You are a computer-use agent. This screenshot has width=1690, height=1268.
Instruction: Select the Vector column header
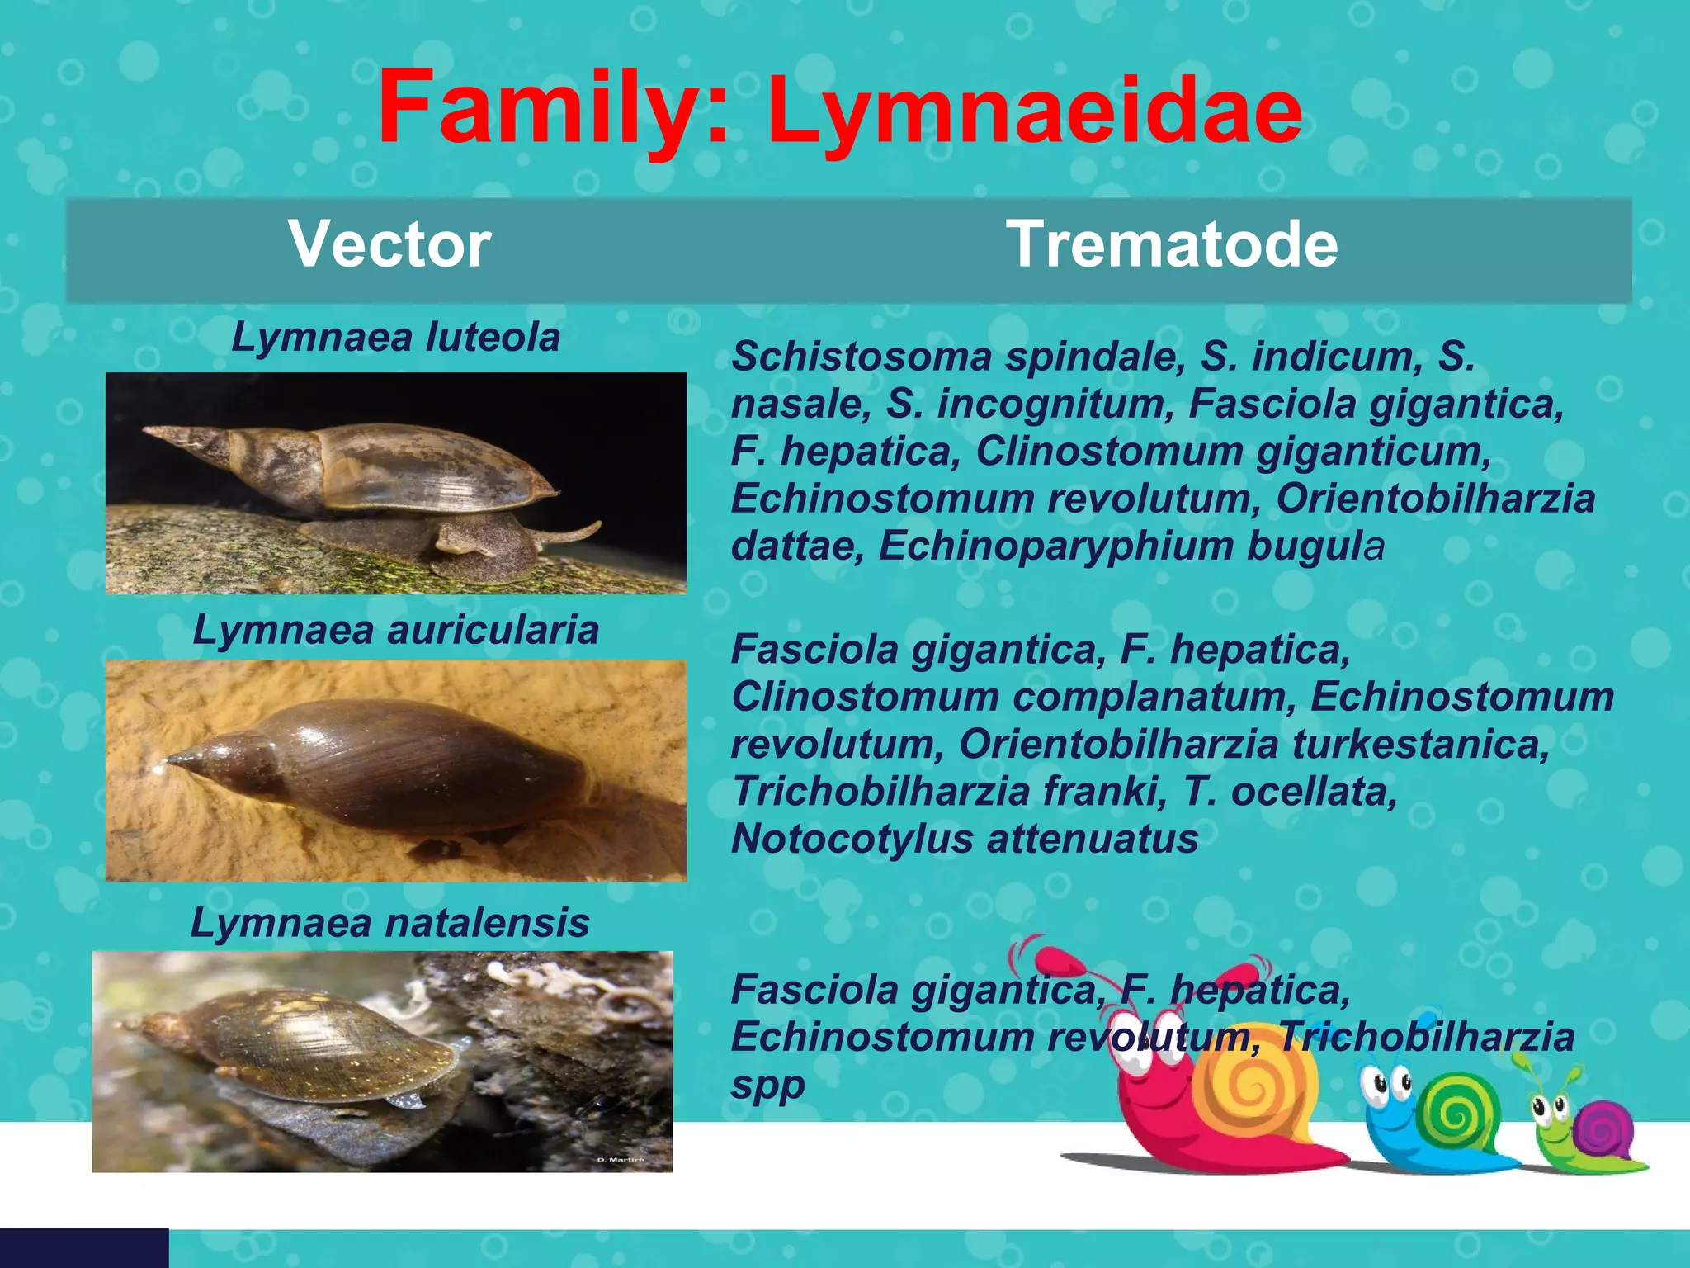(x=389, y=244)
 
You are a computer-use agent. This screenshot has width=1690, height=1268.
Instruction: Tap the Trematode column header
(x=1172, y=244)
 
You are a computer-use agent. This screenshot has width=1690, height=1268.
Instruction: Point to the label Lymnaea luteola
(x=395, y=338)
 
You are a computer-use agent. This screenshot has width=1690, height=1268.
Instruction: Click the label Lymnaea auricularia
(x=395, y=631)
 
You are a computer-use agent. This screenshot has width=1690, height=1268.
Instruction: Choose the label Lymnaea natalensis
(x=389, y=923)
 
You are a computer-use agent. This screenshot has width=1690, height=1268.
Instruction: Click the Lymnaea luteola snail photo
(x=395, y=483)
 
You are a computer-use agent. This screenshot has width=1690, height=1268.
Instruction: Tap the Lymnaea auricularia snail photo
(x=395, y=770)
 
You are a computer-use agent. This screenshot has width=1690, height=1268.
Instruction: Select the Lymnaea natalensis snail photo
(x=382, y=1061)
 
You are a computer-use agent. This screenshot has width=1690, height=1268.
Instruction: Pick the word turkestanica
(x=1419, y=745)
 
